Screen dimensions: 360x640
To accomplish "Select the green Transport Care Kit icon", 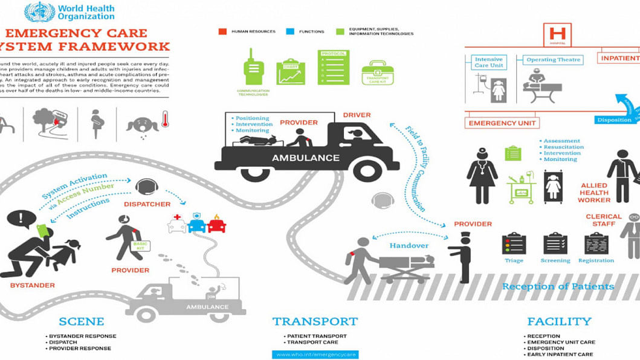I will point(378,75).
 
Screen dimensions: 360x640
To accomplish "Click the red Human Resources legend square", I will point(222,31).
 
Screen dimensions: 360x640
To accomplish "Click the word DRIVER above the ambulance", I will point(357,115).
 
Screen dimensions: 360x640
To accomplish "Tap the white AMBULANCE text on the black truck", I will point(306,158).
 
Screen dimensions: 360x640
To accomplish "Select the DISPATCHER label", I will point(147,204).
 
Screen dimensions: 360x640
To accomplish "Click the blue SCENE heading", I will point(82,321).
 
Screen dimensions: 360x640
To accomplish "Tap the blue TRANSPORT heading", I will point(315,321).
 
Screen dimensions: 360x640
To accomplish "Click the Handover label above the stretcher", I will point(409,246).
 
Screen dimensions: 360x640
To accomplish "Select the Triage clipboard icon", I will point(514,243).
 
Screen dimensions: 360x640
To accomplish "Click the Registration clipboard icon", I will point(596,243).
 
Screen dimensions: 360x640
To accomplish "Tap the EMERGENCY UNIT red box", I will point(502,123).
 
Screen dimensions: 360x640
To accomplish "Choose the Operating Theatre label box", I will point(553,60).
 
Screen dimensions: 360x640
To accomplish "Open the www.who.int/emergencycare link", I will point(315,355).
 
